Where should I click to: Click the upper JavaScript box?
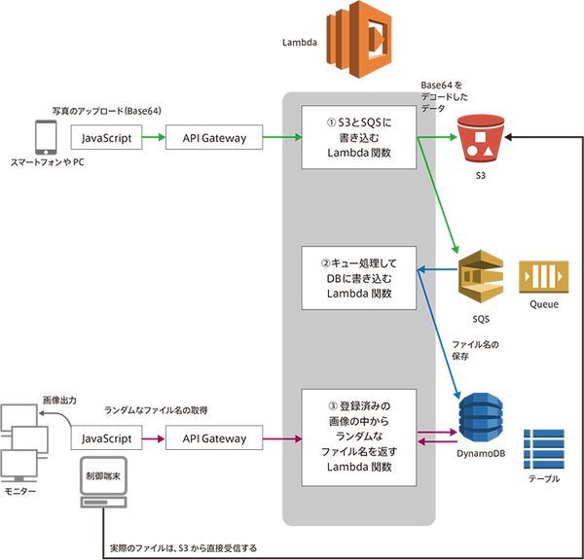coord(107,138)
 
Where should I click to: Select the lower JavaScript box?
coord(107,439)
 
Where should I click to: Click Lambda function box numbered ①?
coord(359,138)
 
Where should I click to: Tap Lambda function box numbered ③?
coord(359,438)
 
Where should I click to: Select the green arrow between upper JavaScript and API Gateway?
coord(155,138)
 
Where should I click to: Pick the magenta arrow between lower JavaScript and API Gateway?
coord(155,439)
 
